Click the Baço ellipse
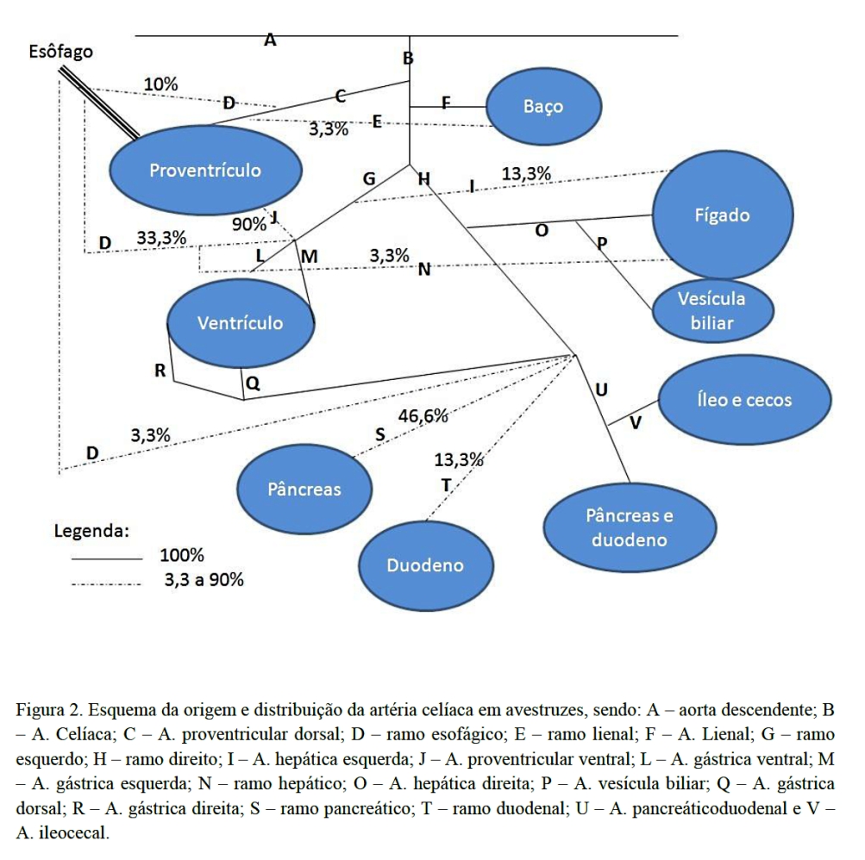[542, 107]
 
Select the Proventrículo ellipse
[205, 170]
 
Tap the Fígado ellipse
[722, 215]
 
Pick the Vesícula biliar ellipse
[711, 311]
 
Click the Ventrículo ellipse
[240, 323]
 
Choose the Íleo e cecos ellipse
[743, 400]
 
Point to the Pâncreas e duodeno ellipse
[630, 527]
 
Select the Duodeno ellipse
[425, 565]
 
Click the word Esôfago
[60, 52]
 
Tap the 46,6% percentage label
[423, 416]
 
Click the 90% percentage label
[249, 224]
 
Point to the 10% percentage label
[160, 84]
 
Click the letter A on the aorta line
[270, 40]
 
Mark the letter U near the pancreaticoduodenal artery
[601, 390]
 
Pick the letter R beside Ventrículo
[160, 371]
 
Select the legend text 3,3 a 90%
[204, 580]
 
